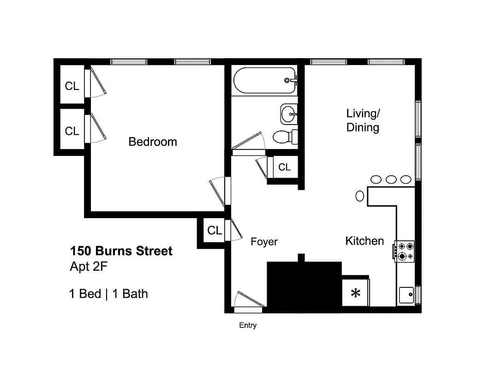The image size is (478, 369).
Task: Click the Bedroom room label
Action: click(152, 142)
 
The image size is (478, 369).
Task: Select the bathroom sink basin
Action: click(289, 113)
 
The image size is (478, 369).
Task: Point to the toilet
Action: click(284, 137)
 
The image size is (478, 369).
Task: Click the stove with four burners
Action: click(405, 251)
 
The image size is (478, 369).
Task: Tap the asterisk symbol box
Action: click(355, 292)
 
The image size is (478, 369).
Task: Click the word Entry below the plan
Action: click(248, 326)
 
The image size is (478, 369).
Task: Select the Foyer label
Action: click(264, 242)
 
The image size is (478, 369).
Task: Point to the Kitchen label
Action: click(364, 241)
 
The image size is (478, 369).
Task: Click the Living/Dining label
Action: click(363, 120)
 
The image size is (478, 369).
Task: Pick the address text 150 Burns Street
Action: click(121, 251)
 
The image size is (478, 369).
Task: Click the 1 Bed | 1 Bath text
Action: click(108, 294)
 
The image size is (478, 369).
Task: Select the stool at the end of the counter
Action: click(360, 196)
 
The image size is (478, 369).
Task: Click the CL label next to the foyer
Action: click(215, 230)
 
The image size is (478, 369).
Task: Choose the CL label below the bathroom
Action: click(285, 167)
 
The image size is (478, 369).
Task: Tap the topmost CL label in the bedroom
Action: click(72, 86)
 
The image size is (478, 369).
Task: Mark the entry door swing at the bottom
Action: click(248, 299)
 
